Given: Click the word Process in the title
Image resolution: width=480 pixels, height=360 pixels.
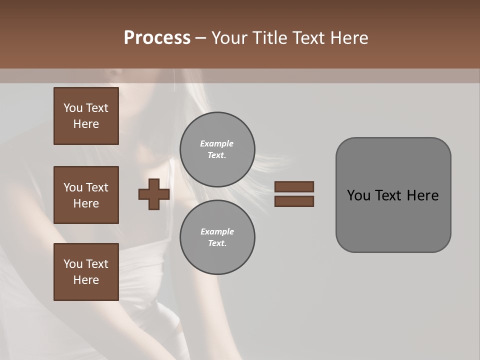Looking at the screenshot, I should click(157, 38).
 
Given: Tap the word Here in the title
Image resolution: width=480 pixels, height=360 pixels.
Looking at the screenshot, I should click(349, 38).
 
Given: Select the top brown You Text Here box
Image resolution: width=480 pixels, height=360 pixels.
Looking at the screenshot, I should click(86, 116).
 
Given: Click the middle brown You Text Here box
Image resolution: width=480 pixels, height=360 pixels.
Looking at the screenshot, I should click(86, 195).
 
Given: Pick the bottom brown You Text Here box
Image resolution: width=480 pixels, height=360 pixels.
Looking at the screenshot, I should click(86, 272).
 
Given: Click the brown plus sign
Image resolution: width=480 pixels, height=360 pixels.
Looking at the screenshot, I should click(154, 194).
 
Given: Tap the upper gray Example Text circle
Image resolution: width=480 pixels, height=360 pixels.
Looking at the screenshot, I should click(217, 149).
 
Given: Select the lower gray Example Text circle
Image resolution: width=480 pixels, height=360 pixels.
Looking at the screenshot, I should click(217, 237).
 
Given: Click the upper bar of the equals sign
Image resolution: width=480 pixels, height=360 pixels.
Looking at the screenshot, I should click(294, 186).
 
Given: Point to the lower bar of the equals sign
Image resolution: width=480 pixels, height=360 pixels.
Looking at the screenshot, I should click(294, 201).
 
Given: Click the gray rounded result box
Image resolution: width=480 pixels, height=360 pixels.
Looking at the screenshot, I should click(393, 220).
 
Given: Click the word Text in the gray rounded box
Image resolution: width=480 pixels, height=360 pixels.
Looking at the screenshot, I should click(388, 195).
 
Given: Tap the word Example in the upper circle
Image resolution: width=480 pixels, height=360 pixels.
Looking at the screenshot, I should click(217, 143).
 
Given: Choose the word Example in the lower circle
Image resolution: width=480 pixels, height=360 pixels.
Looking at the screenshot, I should click(217, 231).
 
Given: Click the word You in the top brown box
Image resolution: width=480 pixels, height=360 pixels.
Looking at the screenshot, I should click(73, 108).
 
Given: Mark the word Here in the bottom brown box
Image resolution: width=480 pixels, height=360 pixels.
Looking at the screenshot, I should click(86, 280).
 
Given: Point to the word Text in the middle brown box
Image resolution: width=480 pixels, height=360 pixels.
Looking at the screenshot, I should click(97, 187).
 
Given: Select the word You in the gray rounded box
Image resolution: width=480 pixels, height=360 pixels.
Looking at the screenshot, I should click(359, 195).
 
